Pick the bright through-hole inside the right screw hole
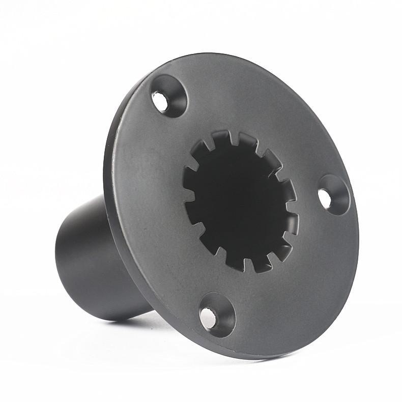coord(325,198)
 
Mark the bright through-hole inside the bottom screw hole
coord(208,318)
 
